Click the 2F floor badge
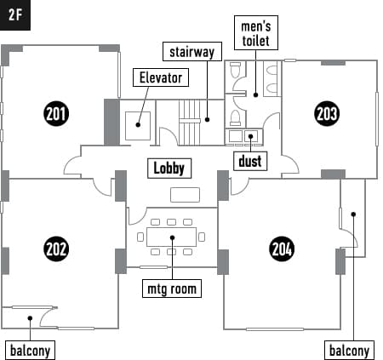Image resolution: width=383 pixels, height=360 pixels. click(15, 15)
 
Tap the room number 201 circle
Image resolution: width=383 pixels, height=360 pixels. click(56, 114)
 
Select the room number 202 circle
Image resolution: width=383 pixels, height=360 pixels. click(56, 249)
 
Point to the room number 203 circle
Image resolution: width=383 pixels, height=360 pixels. click(327, 113)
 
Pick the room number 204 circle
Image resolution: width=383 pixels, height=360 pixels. click(282, 249)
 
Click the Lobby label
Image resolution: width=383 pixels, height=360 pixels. click(169, 169)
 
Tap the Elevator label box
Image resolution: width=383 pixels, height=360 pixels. click(161, 77)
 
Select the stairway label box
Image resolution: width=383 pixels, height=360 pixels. click(192, 52)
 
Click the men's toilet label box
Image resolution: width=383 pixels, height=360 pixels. click(256, 33)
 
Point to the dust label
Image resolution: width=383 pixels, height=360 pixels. click(250, 161)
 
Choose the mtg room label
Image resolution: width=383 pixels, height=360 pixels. click(172, 289)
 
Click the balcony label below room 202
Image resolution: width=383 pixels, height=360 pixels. click(30, 351)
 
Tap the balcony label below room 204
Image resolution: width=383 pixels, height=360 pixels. click(349, 351)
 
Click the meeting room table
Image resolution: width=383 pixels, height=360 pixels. click(172, 237)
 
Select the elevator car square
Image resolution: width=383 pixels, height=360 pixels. click(138, 126)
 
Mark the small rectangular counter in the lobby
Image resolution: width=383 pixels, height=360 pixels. click(185, 195)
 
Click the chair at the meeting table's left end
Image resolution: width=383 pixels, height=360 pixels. click(140, 237)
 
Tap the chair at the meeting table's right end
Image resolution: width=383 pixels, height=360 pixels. click(202, 237)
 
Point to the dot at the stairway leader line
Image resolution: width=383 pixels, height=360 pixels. click(207, 120)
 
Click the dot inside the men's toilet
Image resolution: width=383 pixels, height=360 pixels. click(255, 95)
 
